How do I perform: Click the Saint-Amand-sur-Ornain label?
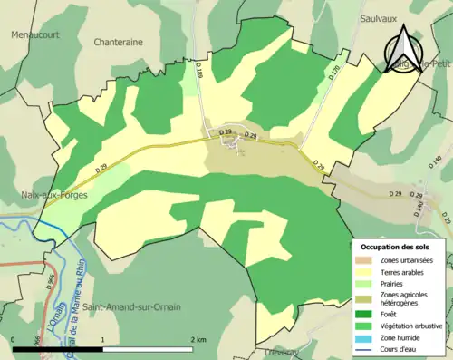pyautogui.click(x=130, y=308)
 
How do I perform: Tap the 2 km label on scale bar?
pyautogui.click(x=198, y=339)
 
